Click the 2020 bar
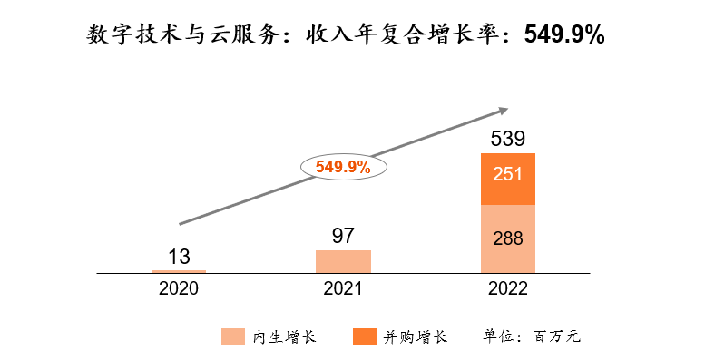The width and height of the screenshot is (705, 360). [x=179, y=271]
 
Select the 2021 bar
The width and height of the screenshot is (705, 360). [x=343, y=261]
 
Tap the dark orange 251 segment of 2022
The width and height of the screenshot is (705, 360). [x=507, y=179]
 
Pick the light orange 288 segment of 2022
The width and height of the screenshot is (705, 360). [x=507, y=238]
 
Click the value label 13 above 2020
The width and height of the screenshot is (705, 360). [x=179, y=256]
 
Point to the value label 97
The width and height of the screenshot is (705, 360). [x=343, y=236]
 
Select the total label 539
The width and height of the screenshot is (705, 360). [x=507, y=139]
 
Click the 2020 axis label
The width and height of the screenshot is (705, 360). [x=179, y=289]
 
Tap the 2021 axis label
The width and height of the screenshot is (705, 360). [x=343, y=289]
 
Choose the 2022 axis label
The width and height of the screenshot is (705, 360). [x=507, y=289]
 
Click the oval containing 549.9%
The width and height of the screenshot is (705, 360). [x=343, y=166]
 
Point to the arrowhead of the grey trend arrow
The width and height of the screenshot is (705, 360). [x=501, y=111]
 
